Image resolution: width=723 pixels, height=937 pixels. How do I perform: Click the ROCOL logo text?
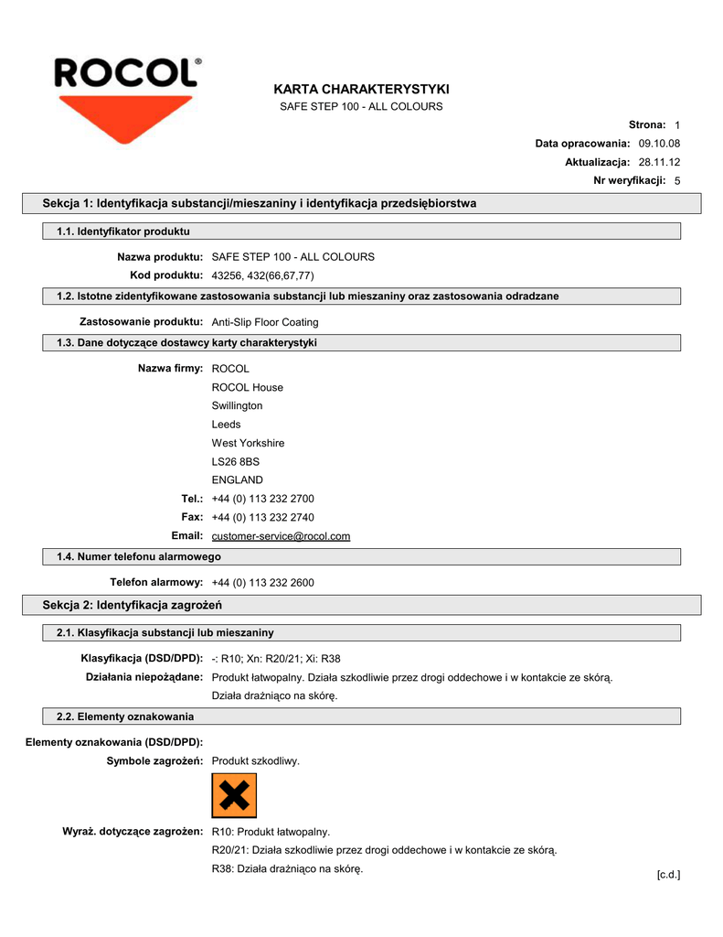pos(126,72)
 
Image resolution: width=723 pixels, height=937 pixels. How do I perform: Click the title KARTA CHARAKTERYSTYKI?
pos(361,89)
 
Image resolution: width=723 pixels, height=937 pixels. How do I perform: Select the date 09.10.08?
pos(659,144)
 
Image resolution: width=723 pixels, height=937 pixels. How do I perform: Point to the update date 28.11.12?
pos(659,162)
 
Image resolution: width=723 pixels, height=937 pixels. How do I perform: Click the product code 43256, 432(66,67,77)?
pos(262,275)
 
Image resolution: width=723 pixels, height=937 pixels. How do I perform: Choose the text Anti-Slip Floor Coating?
pos(265,322)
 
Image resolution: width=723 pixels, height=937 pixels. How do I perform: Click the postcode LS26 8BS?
pos(236,461)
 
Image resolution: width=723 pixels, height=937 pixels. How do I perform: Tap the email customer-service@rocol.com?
pos(281,536)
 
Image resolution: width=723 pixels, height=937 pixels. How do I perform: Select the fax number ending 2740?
pos(262,517)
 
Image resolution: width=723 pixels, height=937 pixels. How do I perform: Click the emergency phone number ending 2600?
pos(262,583)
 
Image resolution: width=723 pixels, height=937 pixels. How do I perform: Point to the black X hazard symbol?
pos(234,795)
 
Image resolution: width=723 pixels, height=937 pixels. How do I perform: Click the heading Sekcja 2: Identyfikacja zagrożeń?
pos(133,605)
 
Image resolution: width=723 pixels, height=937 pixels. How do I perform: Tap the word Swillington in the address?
pos(237,405)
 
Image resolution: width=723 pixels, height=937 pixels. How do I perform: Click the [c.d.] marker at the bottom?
pos(668,875)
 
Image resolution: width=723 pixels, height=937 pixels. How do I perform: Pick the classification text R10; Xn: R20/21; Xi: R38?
pos(276,659)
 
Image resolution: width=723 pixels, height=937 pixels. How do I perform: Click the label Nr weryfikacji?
pos(630,180)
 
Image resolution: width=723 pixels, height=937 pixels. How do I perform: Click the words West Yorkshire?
pos(248,443)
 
